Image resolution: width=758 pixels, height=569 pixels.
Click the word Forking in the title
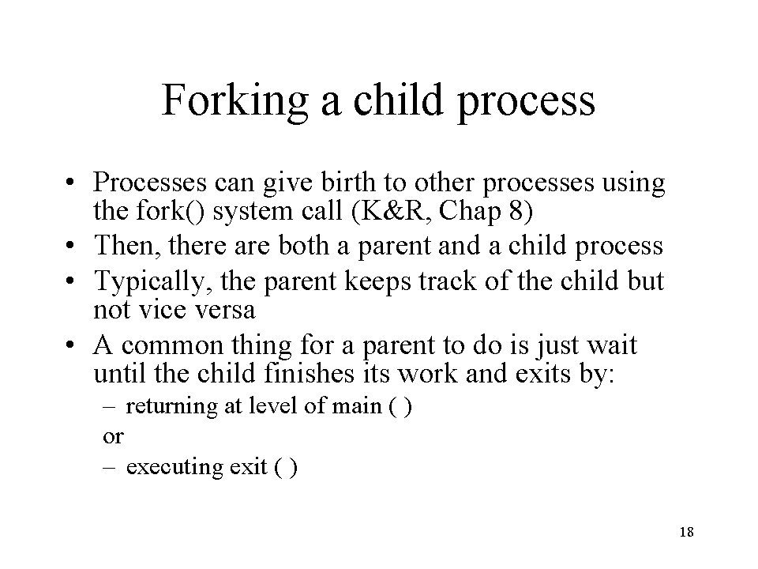tap(235, 100)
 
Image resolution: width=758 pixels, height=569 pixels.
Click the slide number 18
tap(686, 532)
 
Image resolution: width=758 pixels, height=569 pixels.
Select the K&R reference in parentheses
tap(392, 211)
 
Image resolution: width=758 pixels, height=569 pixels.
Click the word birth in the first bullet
tap(348, 182)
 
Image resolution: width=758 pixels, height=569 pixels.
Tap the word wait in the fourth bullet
tap(612, 345)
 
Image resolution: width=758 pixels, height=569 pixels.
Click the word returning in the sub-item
tap(171, 406)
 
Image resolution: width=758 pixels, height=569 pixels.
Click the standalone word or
tap(113, 437)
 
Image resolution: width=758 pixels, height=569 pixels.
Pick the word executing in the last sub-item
tap(174, 467)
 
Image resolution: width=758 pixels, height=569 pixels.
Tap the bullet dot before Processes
tap(70, 183)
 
